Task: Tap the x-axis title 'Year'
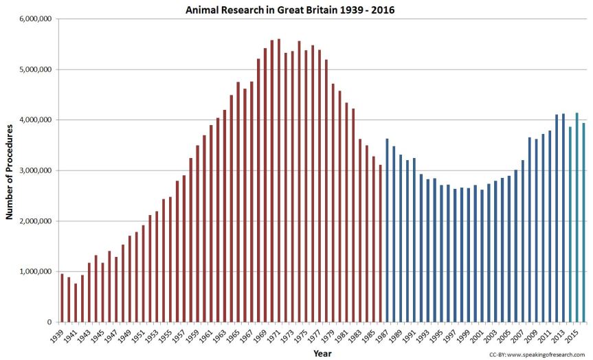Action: (323, 353)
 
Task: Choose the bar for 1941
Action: (76, 302)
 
